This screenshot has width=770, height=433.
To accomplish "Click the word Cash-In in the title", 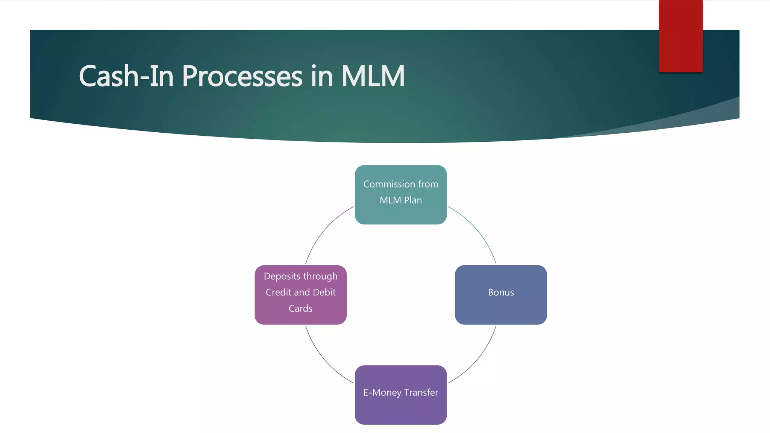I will tap(126, 76).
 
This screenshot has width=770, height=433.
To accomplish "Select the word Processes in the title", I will tap(242, 76).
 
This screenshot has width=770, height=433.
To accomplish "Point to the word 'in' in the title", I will tap(322, 76).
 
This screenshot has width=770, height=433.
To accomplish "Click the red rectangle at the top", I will tap(681, 36).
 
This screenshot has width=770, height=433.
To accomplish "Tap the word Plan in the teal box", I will tap(413, 200).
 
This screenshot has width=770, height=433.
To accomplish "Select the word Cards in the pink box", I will tap(300, 309).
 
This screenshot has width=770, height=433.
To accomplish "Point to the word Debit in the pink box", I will tap(324, 292).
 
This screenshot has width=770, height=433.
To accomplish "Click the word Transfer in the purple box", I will tap(421, 392).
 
